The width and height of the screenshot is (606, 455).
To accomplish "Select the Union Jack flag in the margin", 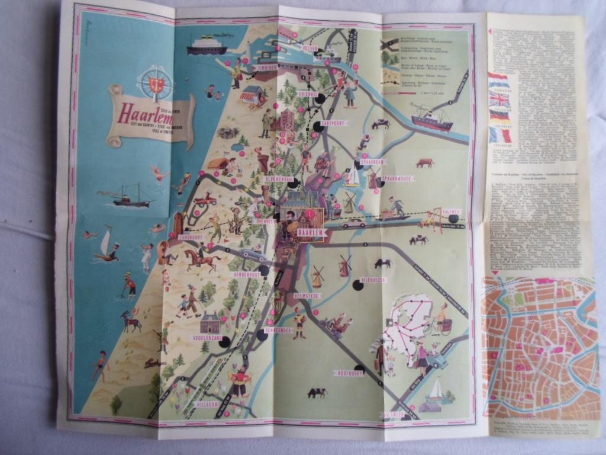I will [x=499, y=100].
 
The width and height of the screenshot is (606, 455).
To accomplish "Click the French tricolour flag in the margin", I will [x=500, y=135].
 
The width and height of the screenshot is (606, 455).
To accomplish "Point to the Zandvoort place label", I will [x=191, y=237].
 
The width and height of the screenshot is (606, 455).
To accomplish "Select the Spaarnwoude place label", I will [x=397, y=178].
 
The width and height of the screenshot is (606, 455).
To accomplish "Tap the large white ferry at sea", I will [x=207, y=45].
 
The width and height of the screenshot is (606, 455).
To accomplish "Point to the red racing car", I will [x=205, y=200].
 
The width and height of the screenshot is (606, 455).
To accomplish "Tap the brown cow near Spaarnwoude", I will [x=424, y=162].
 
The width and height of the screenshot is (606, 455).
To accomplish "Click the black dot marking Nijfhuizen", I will [x=357, y=286].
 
